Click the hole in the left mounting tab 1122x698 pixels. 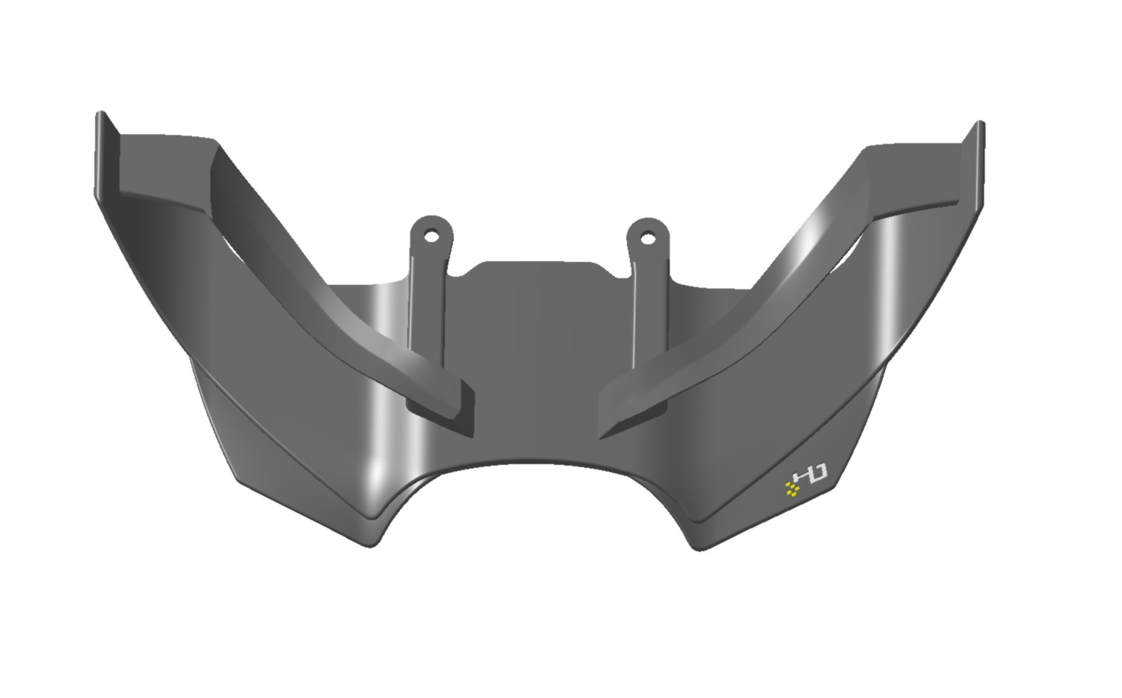click(x=432, y=238)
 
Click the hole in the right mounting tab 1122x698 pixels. click(x=648, y=238)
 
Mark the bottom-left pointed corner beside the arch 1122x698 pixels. click(x=373, y=542)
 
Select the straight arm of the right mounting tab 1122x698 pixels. click(x=649, y=310)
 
